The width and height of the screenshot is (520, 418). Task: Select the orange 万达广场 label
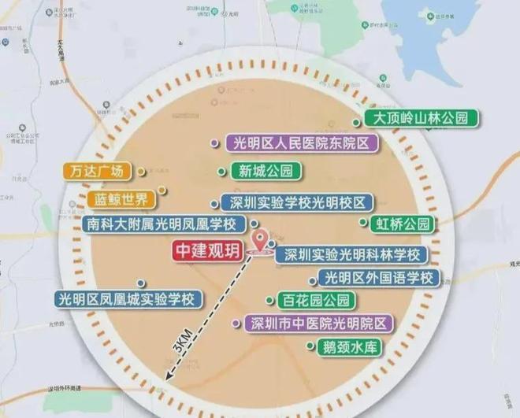95,171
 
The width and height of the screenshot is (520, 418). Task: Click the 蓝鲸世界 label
121,198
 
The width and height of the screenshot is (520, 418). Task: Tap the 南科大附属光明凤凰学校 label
165,224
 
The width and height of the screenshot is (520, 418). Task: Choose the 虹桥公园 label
401,224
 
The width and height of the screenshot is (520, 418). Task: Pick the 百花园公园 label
310,301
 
